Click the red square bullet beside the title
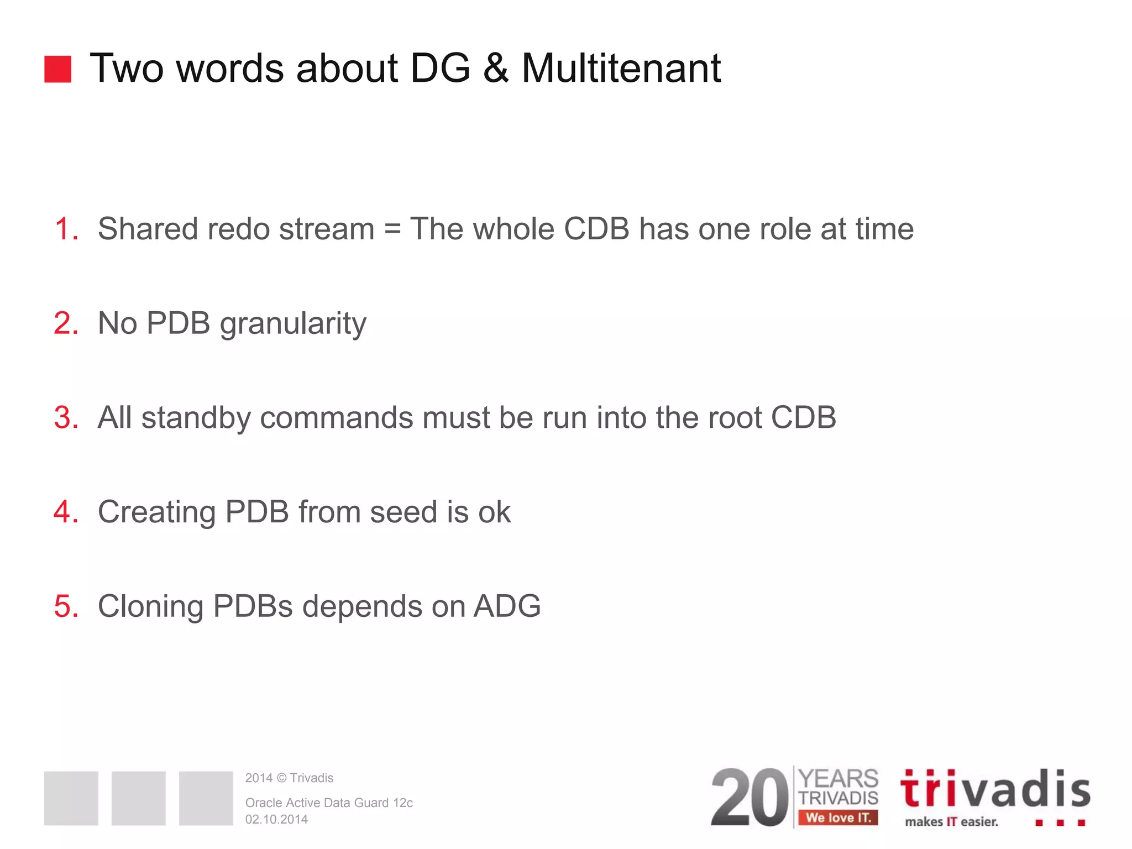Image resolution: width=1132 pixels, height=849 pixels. point(57,69)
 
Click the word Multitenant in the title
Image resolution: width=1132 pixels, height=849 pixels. point(621,69)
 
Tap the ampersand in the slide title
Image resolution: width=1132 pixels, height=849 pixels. point(495,69)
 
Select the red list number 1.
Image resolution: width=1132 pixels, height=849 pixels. point(66,229)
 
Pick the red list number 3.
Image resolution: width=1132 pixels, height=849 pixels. point(66,417)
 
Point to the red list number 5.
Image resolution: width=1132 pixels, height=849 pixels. point(66,606)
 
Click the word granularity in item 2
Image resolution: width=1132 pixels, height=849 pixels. point(293,324)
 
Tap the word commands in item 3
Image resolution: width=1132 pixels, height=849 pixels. point(336,417)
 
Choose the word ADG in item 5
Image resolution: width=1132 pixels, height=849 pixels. point(507,606)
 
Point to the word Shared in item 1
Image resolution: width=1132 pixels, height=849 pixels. point(148,229)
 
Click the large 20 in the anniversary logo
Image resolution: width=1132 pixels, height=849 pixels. point(750,798)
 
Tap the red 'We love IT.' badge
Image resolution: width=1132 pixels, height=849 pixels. point(838,817)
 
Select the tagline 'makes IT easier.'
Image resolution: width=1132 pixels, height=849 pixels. point(951,822)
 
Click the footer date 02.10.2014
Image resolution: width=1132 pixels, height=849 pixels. point(276,819)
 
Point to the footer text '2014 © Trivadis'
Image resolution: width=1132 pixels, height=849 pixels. point(289,778)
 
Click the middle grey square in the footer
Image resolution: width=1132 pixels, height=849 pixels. point(138,798)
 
